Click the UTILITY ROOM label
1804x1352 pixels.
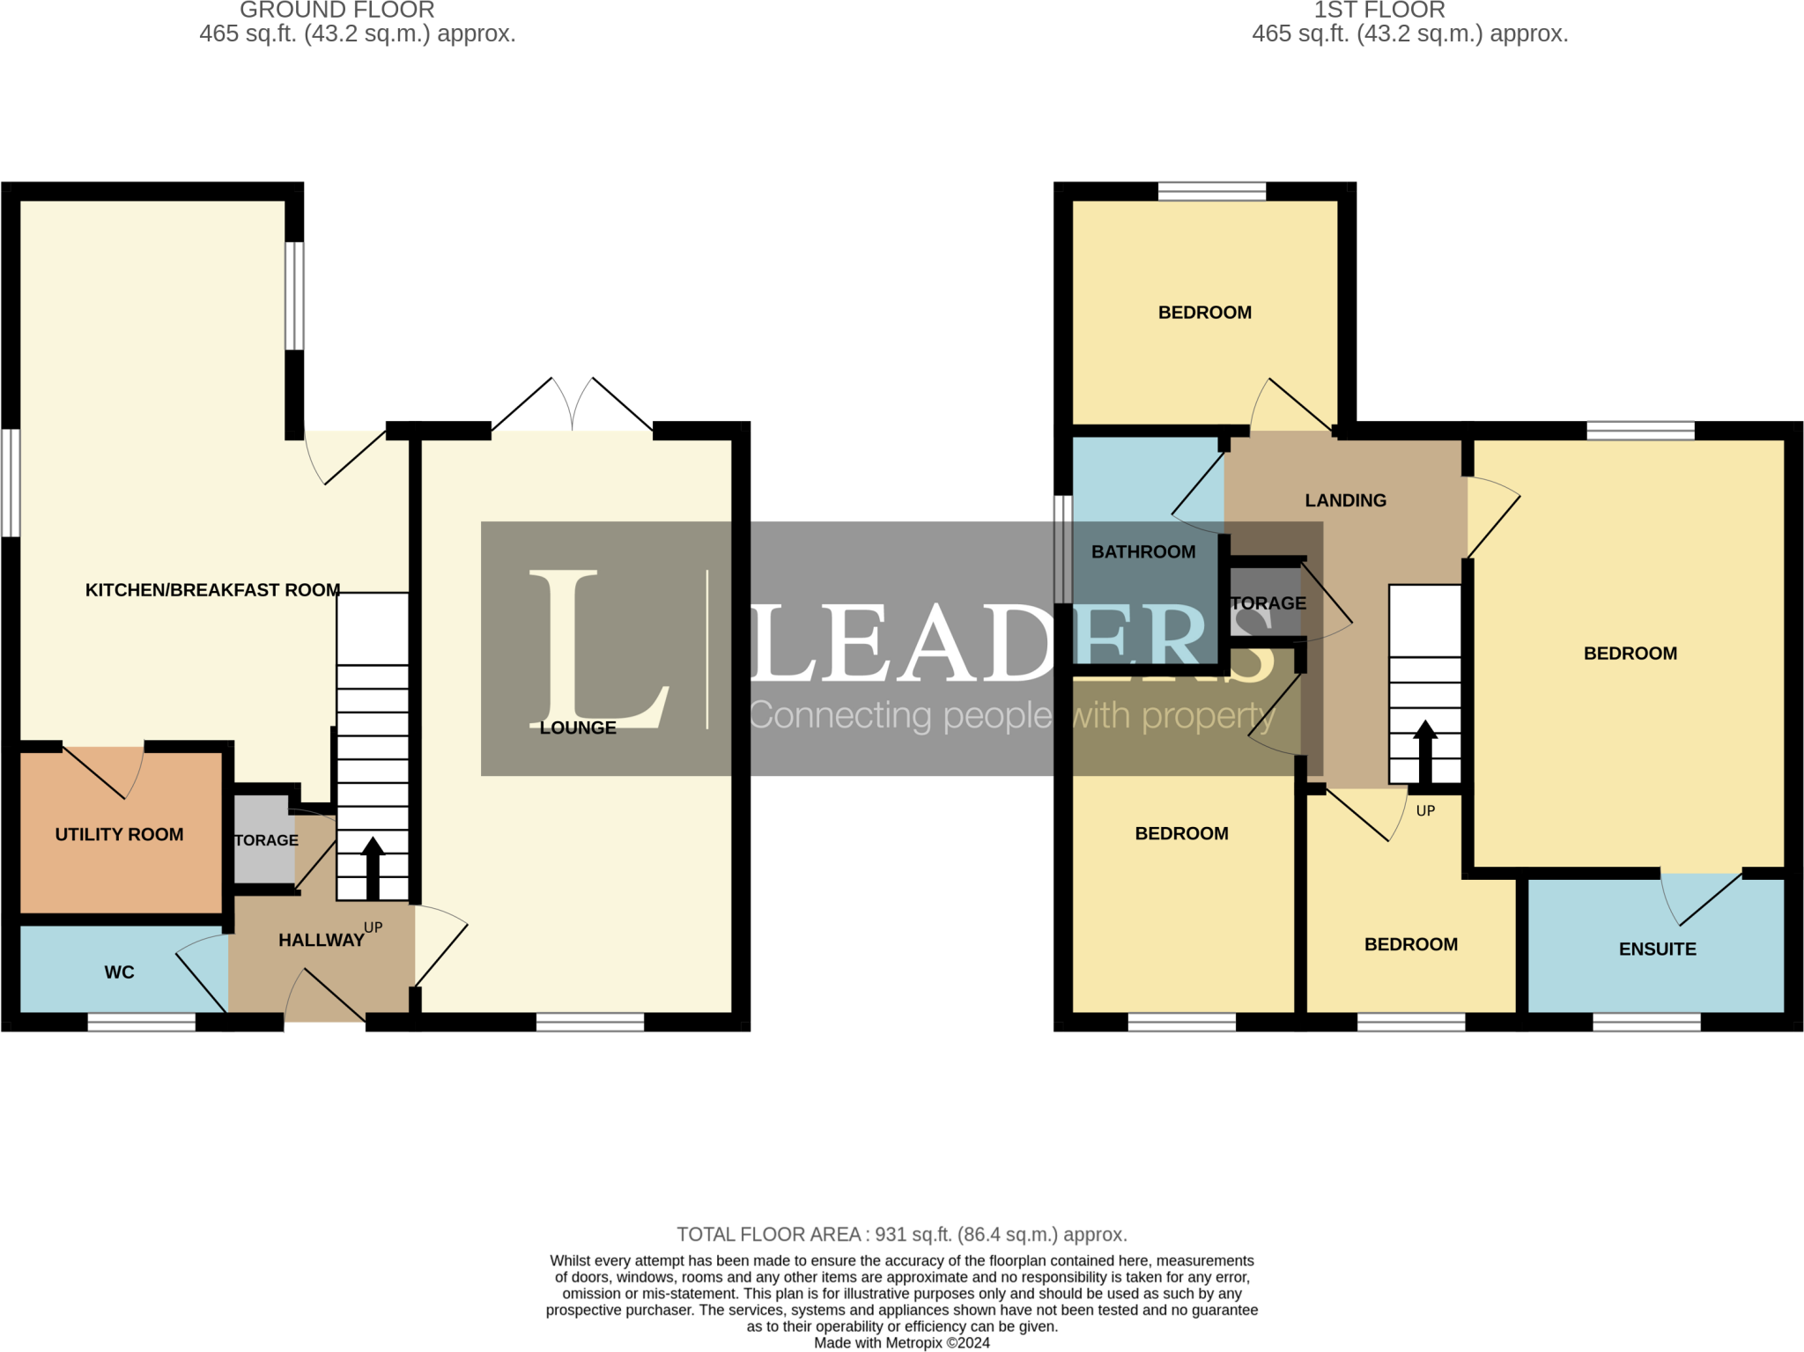point(119,834)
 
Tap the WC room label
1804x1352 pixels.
point(119,972)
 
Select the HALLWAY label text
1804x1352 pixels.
point(322,941)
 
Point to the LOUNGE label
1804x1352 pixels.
point(578,728)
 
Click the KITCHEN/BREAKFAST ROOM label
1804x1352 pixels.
point(212,590)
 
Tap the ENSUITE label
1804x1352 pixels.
point(1657,949)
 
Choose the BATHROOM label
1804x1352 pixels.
point(1143,551)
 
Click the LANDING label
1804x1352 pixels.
point(1345,500)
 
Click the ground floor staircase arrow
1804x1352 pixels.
point(373,868)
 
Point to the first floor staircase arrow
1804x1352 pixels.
point(1425,752)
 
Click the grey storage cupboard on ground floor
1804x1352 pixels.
point(264,839)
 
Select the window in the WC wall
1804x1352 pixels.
point(141,1022)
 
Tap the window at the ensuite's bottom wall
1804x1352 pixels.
point(1646,1022)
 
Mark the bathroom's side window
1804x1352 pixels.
point(1063,549)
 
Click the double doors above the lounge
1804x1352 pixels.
point(573,405)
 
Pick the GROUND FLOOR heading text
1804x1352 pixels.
point(337,11)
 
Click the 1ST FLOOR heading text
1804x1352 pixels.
point(1379,11)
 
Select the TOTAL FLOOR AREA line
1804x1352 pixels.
point(902,1235)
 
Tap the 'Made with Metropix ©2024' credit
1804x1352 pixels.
point(902,1343)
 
